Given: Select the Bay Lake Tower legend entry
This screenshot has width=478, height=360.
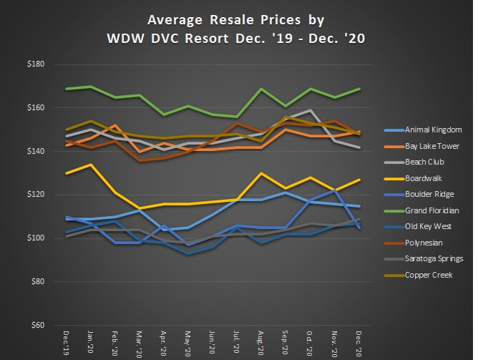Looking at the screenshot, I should (431, 146).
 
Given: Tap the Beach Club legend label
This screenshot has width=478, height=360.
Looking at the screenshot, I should (424, 162).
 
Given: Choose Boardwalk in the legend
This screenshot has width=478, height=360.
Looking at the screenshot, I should (423, 178).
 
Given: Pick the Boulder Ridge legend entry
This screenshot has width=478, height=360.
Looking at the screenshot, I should (428, 195).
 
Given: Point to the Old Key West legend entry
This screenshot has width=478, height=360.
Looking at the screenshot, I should (427, 227).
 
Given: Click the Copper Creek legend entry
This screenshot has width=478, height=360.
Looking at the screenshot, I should (428, 275).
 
